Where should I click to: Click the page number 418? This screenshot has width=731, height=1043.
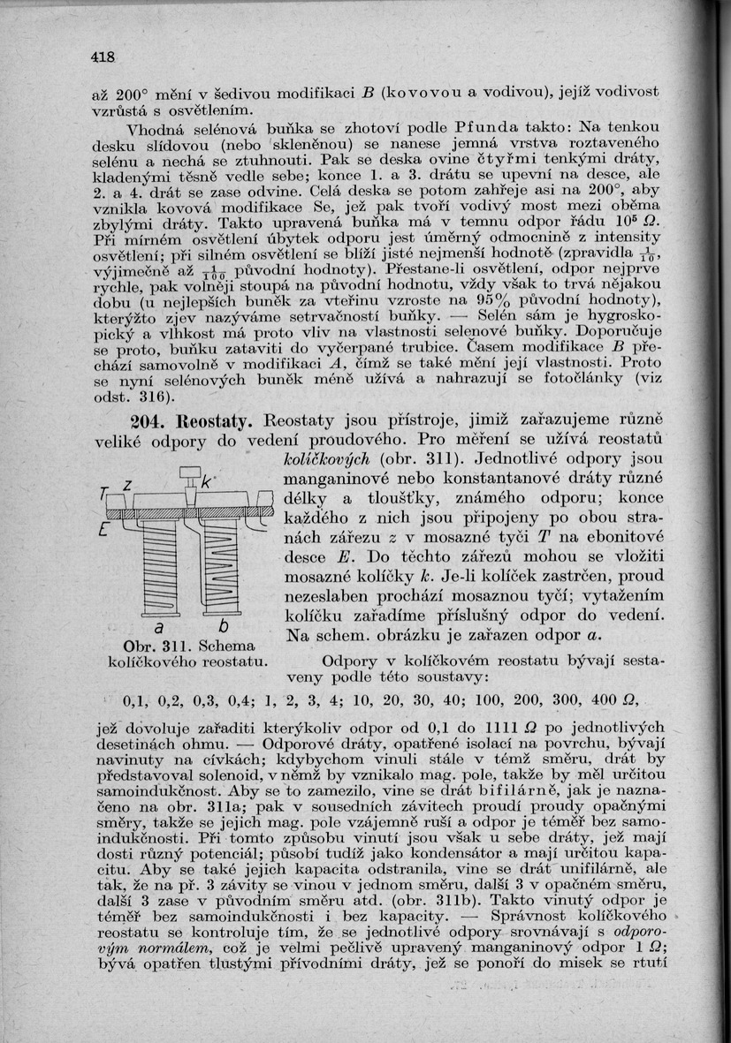click(x=103, y=57)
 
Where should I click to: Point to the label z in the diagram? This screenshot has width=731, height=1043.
click(x=127, y=484)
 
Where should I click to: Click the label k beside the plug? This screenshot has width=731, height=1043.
click(x=205, y=482)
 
